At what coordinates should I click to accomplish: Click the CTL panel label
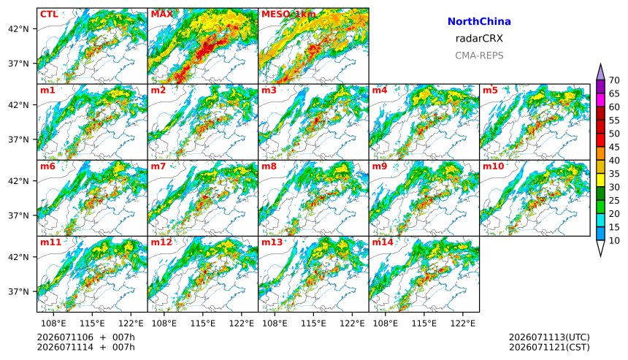click(49, 15)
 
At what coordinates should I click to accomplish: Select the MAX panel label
click(162, 15)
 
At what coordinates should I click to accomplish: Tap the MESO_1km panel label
click(288, 15)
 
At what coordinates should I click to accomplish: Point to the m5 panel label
click(490, 91)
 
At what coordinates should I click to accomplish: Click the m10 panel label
click(493, 166)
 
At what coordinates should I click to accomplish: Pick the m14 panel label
click(383, 242)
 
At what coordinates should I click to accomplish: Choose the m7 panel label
click(158, 166)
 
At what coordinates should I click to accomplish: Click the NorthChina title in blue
click(479, 22)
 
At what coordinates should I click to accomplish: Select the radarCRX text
click(479, 39)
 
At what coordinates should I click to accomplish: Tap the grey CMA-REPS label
click(479, 55)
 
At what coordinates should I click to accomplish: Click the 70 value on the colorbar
click(614, 80)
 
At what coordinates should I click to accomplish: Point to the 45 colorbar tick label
click(614, 148)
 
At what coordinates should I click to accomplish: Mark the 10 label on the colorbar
click(614, 241)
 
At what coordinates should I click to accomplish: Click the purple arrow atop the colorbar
click(600, 72)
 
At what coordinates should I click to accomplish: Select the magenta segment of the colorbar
click(600, 100)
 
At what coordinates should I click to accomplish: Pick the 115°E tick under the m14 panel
click(424, 323)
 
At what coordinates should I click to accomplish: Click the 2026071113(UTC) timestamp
click(549, 337)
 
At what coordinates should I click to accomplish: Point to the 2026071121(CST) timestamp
click(549, 347)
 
